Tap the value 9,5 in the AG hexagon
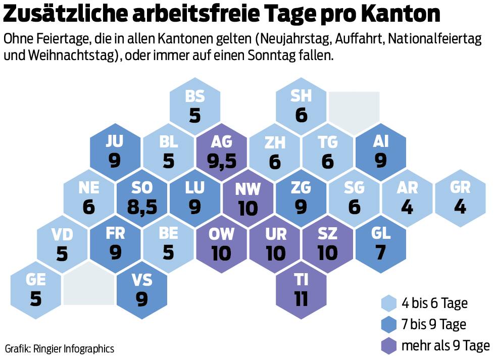click(x=221, y=161)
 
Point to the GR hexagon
click(x=460, y=197)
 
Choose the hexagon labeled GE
click(x=36, y=290)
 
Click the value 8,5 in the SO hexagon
click(x=142, y=208)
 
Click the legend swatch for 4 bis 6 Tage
click(x=388, y=303)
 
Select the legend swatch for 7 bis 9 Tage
click(x=388, y=324)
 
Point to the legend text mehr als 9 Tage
click(x=445, y=345)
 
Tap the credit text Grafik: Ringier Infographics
click(x=60, y=348)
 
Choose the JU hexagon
click(x=115, y=151)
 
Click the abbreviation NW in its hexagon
click(x=248, y=189)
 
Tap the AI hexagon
click(x=380, y=151)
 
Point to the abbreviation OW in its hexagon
click(x=221, y=234)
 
